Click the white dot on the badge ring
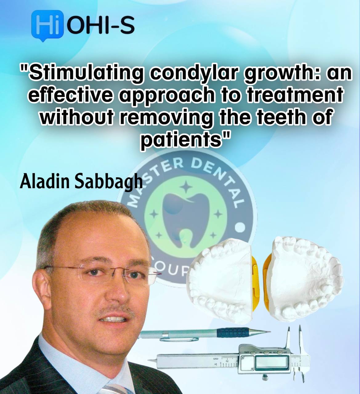pos(241,228)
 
